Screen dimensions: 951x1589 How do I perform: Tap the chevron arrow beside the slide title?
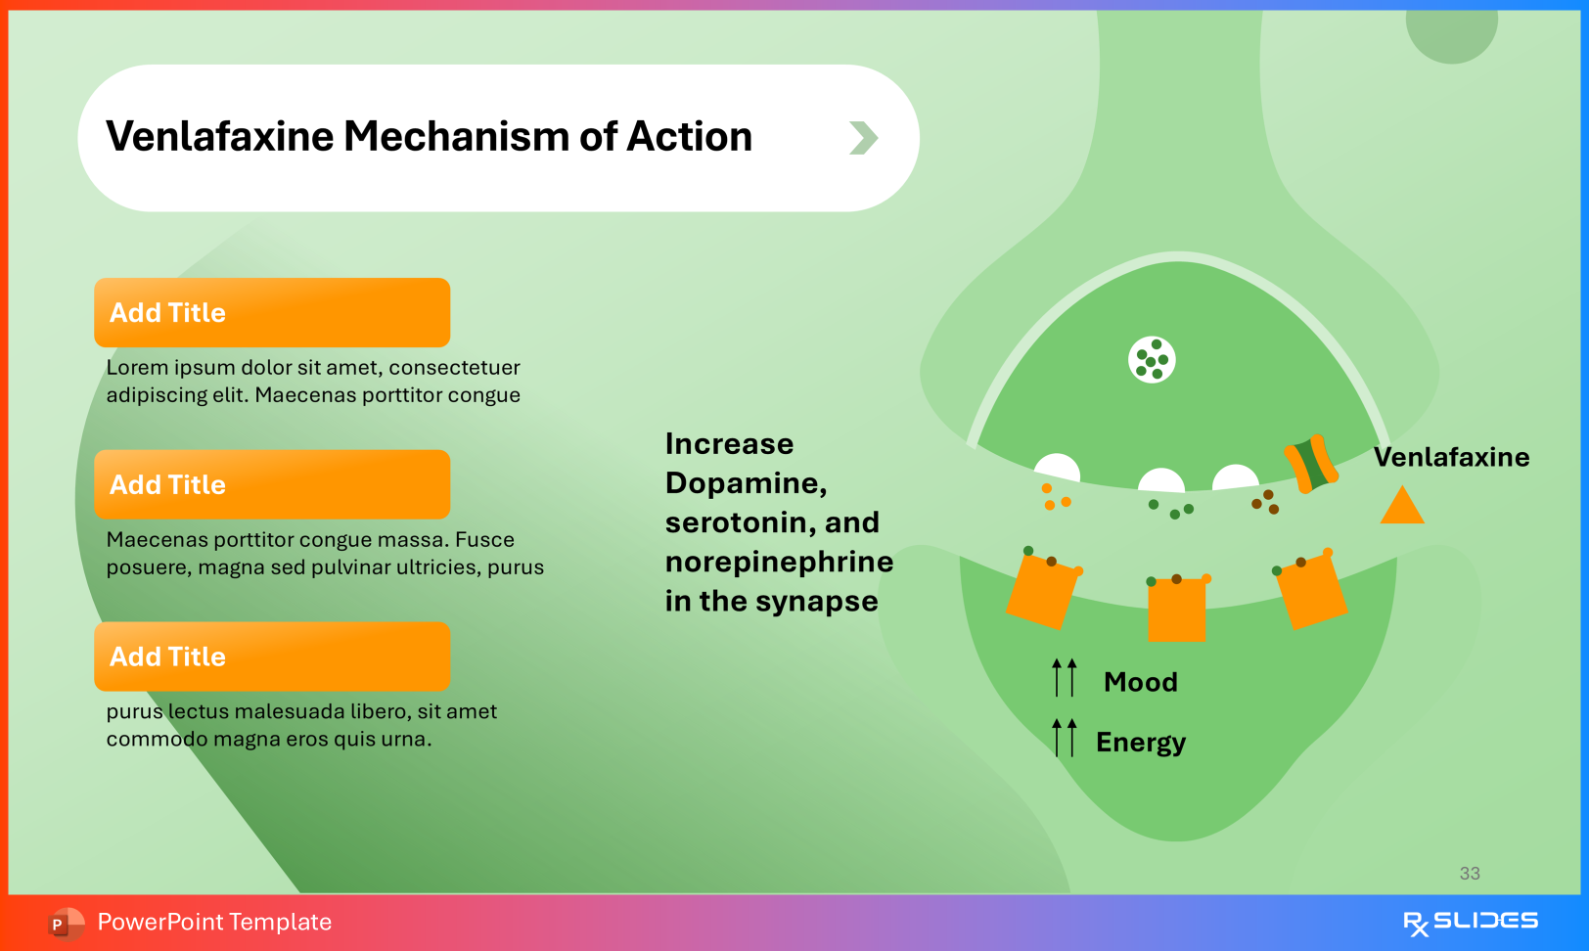pos(863,138)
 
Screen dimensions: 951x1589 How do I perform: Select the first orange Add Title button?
pos(272,313)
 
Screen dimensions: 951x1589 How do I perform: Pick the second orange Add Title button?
pos(272,485)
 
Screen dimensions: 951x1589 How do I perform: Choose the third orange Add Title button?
pos(272,657)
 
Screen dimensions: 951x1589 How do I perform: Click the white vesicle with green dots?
pos(1152,359)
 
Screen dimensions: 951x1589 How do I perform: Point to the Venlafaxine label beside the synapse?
pos(1451,457)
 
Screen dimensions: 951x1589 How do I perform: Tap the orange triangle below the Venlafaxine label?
pos(1401,508)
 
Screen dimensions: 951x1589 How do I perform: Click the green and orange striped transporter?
pos(1311,464)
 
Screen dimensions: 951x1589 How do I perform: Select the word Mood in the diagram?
pos(1140,682)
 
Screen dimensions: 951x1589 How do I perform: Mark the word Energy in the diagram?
pos(1140,743)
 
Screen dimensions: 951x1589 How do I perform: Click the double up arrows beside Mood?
pos(1065,677)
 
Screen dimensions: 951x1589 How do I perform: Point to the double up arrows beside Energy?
pos(1065,737)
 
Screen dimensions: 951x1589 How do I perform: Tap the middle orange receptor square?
pos(1176,610)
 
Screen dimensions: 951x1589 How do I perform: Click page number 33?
pos(1470,874)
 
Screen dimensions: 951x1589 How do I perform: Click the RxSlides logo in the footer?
pos(1470,922)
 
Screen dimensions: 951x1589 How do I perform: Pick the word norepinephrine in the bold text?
pos(779,562)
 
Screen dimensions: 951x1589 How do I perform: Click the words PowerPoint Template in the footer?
pos(214,922)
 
